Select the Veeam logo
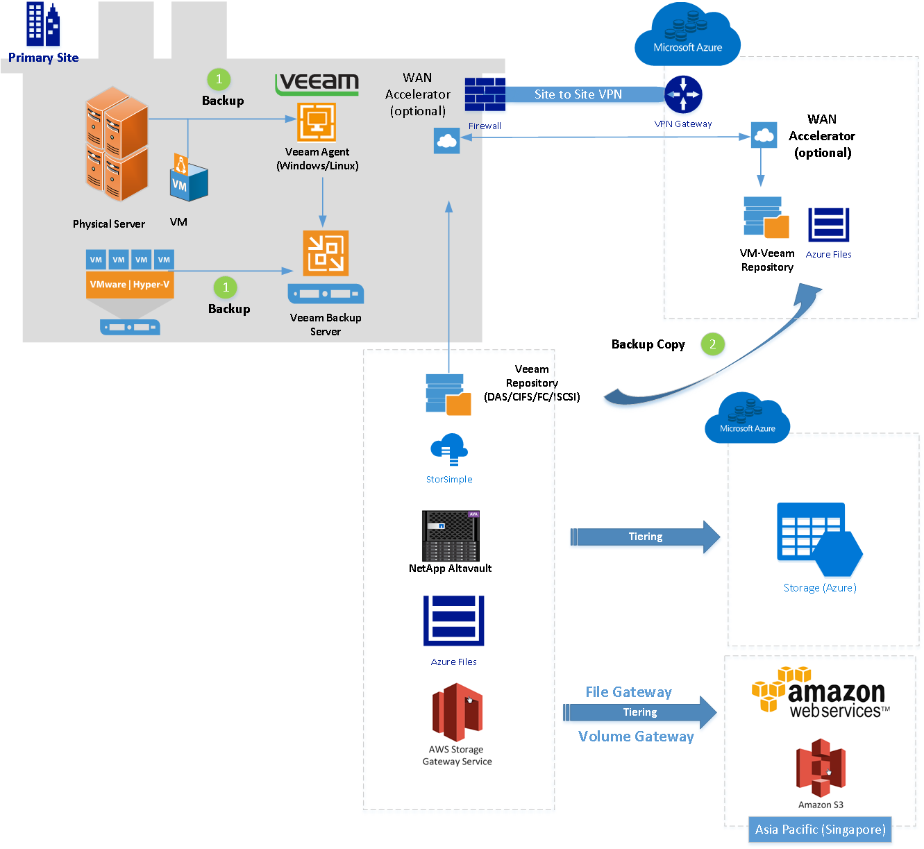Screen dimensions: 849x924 coord(317,83)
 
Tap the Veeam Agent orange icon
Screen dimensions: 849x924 coord(317,122)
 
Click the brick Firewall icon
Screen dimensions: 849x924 coord(485,94)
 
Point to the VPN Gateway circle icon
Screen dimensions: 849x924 coord(683,94)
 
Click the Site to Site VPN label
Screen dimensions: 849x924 coord(578,94)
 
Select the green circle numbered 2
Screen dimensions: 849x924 coord(712,344)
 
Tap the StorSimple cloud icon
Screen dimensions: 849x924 coord(449,450)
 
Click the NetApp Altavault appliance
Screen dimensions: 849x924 coord(451,536)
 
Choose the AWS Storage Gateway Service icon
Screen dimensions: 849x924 coord(457,712)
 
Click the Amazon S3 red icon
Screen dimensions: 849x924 coord(820,768)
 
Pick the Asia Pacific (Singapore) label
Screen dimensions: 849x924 coord(820,830)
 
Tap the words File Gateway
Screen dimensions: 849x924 coord(628,692)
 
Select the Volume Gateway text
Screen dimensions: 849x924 coord(636,737)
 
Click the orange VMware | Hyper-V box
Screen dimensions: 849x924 coord(130,285)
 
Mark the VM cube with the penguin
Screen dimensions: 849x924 coord(188,180)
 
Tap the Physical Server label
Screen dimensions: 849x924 coord(109,224)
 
